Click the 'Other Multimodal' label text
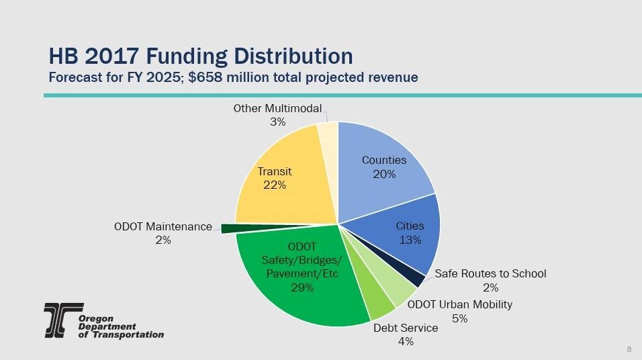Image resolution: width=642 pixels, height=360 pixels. point(277,109)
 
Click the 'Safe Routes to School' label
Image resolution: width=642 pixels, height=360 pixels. point(490,274)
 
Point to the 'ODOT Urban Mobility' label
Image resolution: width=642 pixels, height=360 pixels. point(460,305)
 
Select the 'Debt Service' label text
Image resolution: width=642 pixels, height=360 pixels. point(406,328)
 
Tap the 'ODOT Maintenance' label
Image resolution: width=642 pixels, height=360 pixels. point(163,227)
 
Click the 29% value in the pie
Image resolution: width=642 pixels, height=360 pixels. point(302,287)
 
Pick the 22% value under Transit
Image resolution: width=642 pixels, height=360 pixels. point(275,185)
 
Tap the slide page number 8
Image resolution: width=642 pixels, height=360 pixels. point(629,349)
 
